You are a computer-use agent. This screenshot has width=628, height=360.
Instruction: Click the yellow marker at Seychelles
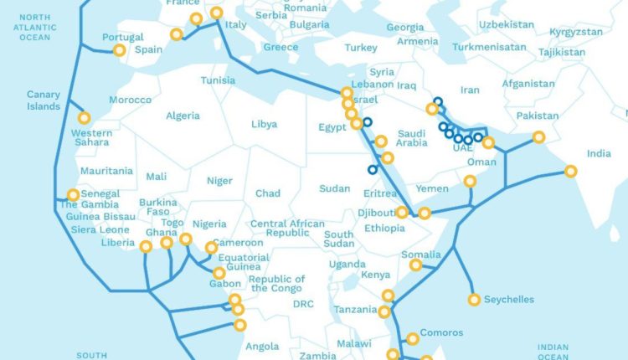(475, 299)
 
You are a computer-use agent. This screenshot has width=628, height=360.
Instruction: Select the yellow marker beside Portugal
(119, 50)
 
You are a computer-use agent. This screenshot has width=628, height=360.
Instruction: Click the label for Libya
(264, 124)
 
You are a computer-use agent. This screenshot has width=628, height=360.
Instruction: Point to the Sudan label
(335, 188)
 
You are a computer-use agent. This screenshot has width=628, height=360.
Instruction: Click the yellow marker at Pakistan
(538, 136)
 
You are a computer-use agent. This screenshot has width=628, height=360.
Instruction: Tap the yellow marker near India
(571, 172)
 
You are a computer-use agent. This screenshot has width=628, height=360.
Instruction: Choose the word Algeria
(183, 116)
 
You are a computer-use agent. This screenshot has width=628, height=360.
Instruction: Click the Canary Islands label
(44, 100)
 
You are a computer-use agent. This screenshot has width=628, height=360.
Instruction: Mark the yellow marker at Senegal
(73, 195)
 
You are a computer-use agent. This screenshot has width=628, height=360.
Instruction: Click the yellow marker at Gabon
(219, 273)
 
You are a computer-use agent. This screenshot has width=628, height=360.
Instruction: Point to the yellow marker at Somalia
(416, 265)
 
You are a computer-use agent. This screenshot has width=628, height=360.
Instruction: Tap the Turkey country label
(361, 47)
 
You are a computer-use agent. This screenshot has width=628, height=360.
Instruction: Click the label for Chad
(268, 193)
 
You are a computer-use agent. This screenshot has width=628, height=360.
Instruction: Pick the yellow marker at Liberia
(146, 246)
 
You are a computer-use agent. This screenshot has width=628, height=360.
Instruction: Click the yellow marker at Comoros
(412, 339)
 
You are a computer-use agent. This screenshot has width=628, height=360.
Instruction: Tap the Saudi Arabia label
(411, 137)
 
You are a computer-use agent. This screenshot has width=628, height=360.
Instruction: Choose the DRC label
(303, 304)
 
